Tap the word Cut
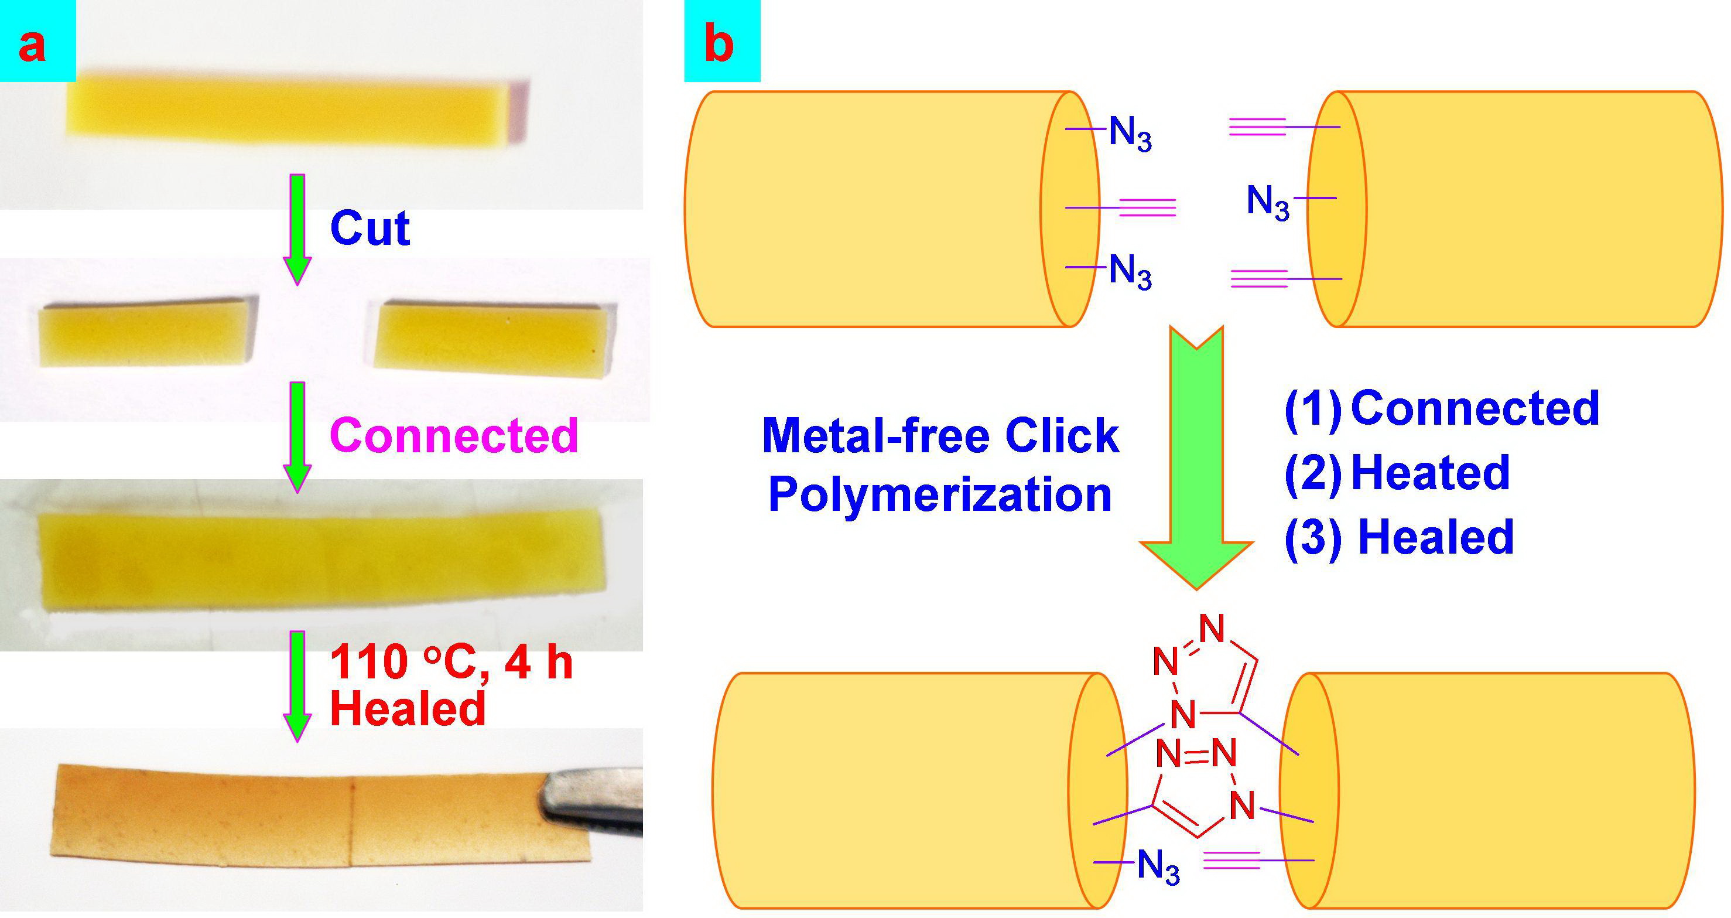370,229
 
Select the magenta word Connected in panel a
454,435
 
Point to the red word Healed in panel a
407,708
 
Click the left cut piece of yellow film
145,334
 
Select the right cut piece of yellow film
491,339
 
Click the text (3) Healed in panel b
1399,538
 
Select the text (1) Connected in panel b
1441,408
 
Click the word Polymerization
939,495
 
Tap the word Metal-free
875,436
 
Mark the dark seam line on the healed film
353,823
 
